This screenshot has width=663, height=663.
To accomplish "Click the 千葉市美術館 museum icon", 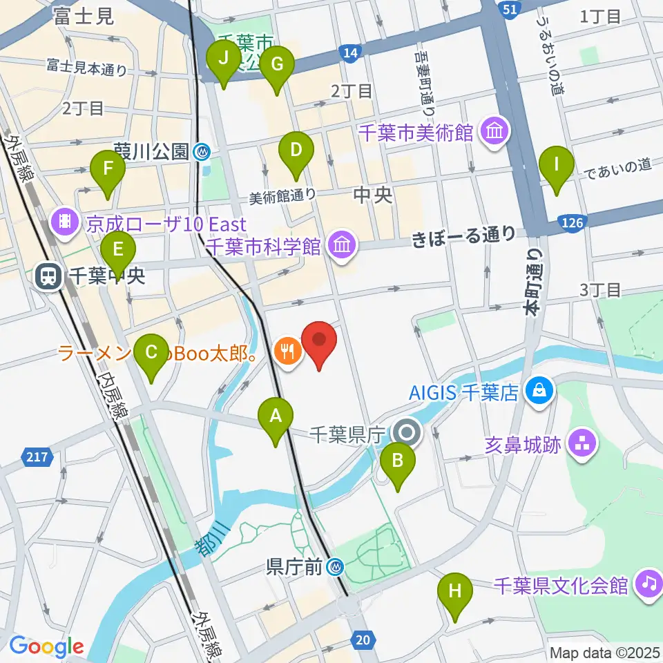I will coord(495,131).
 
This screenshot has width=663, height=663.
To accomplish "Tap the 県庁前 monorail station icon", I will coord(336,568).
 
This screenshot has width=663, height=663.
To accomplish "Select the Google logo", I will coord(46,646).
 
